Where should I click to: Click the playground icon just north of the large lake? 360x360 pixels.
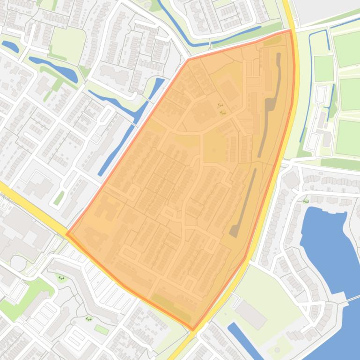(x=306, y=202)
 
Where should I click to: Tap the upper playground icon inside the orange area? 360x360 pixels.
(x=220, y=105)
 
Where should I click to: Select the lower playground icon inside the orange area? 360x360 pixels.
(x=223, y=112)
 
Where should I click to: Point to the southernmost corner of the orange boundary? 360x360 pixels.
(x=193, y=330)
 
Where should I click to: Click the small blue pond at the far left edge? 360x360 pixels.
(x=10, y=46)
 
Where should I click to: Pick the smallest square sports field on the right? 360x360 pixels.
(x=323, y=68)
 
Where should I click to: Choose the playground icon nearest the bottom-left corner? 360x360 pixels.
(x=88, y=319)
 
